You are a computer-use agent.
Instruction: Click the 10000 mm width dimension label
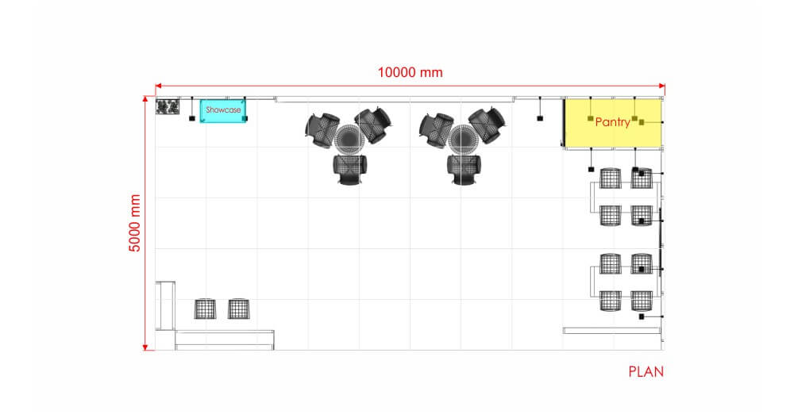(410, 72)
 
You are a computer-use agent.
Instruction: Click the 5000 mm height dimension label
(135, 223)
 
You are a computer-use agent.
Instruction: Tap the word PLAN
(646, 372)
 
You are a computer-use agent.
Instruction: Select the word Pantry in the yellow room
(613, 122)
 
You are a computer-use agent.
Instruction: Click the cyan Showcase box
(223, 111)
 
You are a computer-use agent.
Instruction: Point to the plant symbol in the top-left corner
(168, 107)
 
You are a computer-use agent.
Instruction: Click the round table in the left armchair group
(349, 139)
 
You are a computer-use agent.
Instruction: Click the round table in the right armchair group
(462, 139)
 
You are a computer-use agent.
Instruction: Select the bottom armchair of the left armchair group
(349, 170)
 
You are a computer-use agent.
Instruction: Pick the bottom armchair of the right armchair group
(464, 170)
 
